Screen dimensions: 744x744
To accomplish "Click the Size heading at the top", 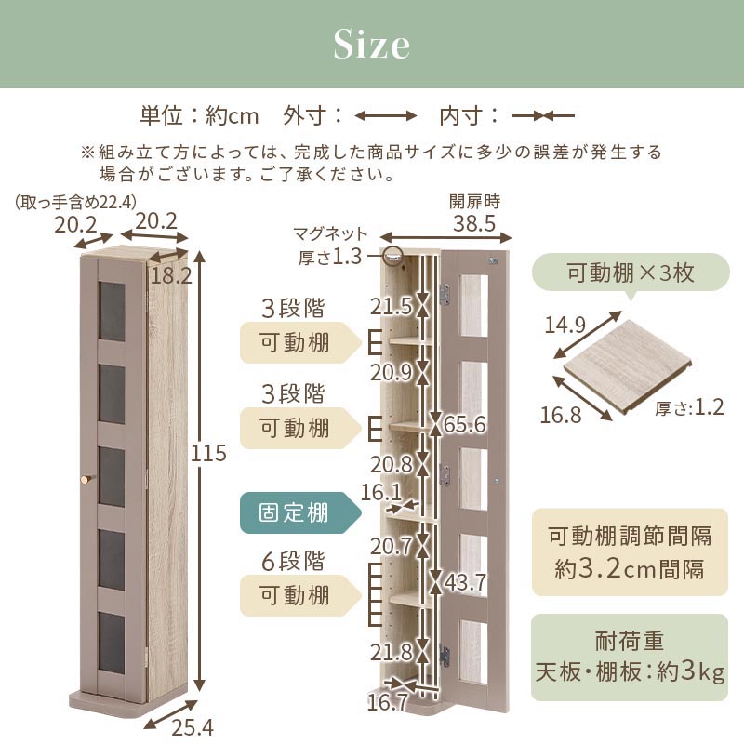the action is coord(371,44).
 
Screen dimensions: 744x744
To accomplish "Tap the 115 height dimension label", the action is coord(208,454).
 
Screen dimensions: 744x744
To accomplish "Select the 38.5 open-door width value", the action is coord(474,223).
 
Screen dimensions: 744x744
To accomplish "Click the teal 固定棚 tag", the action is coord(300,513).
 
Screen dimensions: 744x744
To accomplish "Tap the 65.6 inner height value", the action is coord(465,424).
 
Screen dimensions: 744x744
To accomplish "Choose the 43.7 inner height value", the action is coord(465,582).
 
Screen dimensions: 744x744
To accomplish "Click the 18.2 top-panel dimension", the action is coord(171,275).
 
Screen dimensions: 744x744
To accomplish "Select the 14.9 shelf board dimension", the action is coord(565,325).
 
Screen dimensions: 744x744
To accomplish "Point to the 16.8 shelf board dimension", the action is coord(561,415).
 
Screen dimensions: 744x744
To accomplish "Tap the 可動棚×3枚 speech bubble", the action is coord(631,273).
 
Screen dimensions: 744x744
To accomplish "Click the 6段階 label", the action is coord(293,562).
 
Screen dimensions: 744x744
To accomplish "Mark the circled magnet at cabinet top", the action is coord(392,256).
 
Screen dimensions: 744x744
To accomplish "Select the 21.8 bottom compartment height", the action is coord(391,653).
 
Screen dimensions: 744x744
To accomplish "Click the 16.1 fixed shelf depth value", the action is coord(381,493).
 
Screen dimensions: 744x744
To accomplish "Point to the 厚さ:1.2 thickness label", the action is coord(689,407).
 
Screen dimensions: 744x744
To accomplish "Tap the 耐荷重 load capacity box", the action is coord(630,658).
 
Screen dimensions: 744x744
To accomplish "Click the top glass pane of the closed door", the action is coord(112,312).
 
